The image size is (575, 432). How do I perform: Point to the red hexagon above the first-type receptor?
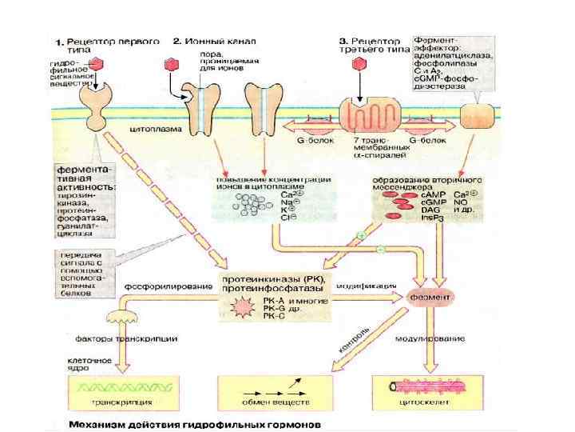pyautogui.click(x=97, y=64)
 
